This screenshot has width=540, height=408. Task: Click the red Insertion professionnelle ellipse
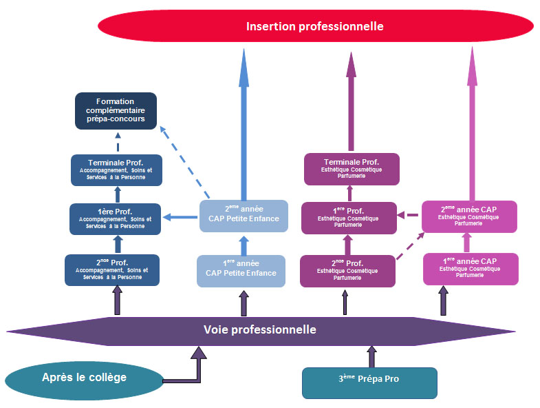click(315, 27)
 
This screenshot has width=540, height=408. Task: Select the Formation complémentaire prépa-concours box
click(116, 110)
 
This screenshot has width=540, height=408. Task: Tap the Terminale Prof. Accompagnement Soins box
click(116, 170)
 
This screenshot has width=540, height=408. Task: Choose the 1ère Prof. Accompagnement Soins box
click(116, 218)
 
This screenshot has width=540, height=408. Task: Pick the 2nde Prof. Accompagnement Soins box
click(112, 269)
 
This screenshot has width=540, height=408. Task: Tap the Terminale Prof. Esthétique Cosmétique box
click(352, 169)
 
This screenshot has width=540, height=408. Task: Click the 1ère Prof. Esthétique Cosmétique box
click(349, 218)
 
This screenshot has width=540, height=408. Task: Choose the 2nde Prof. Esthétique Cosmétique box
click(348, 270)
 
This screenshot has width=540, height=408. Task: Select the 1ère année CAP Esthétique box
click(471, 269)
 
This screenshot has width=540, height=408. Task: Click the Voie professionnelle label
click(260, 329)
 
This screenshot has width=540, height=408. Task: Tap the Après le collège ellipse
click(84, 378)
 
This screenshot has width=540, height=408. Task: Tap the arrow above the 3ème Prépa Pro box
click(371, 356)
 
